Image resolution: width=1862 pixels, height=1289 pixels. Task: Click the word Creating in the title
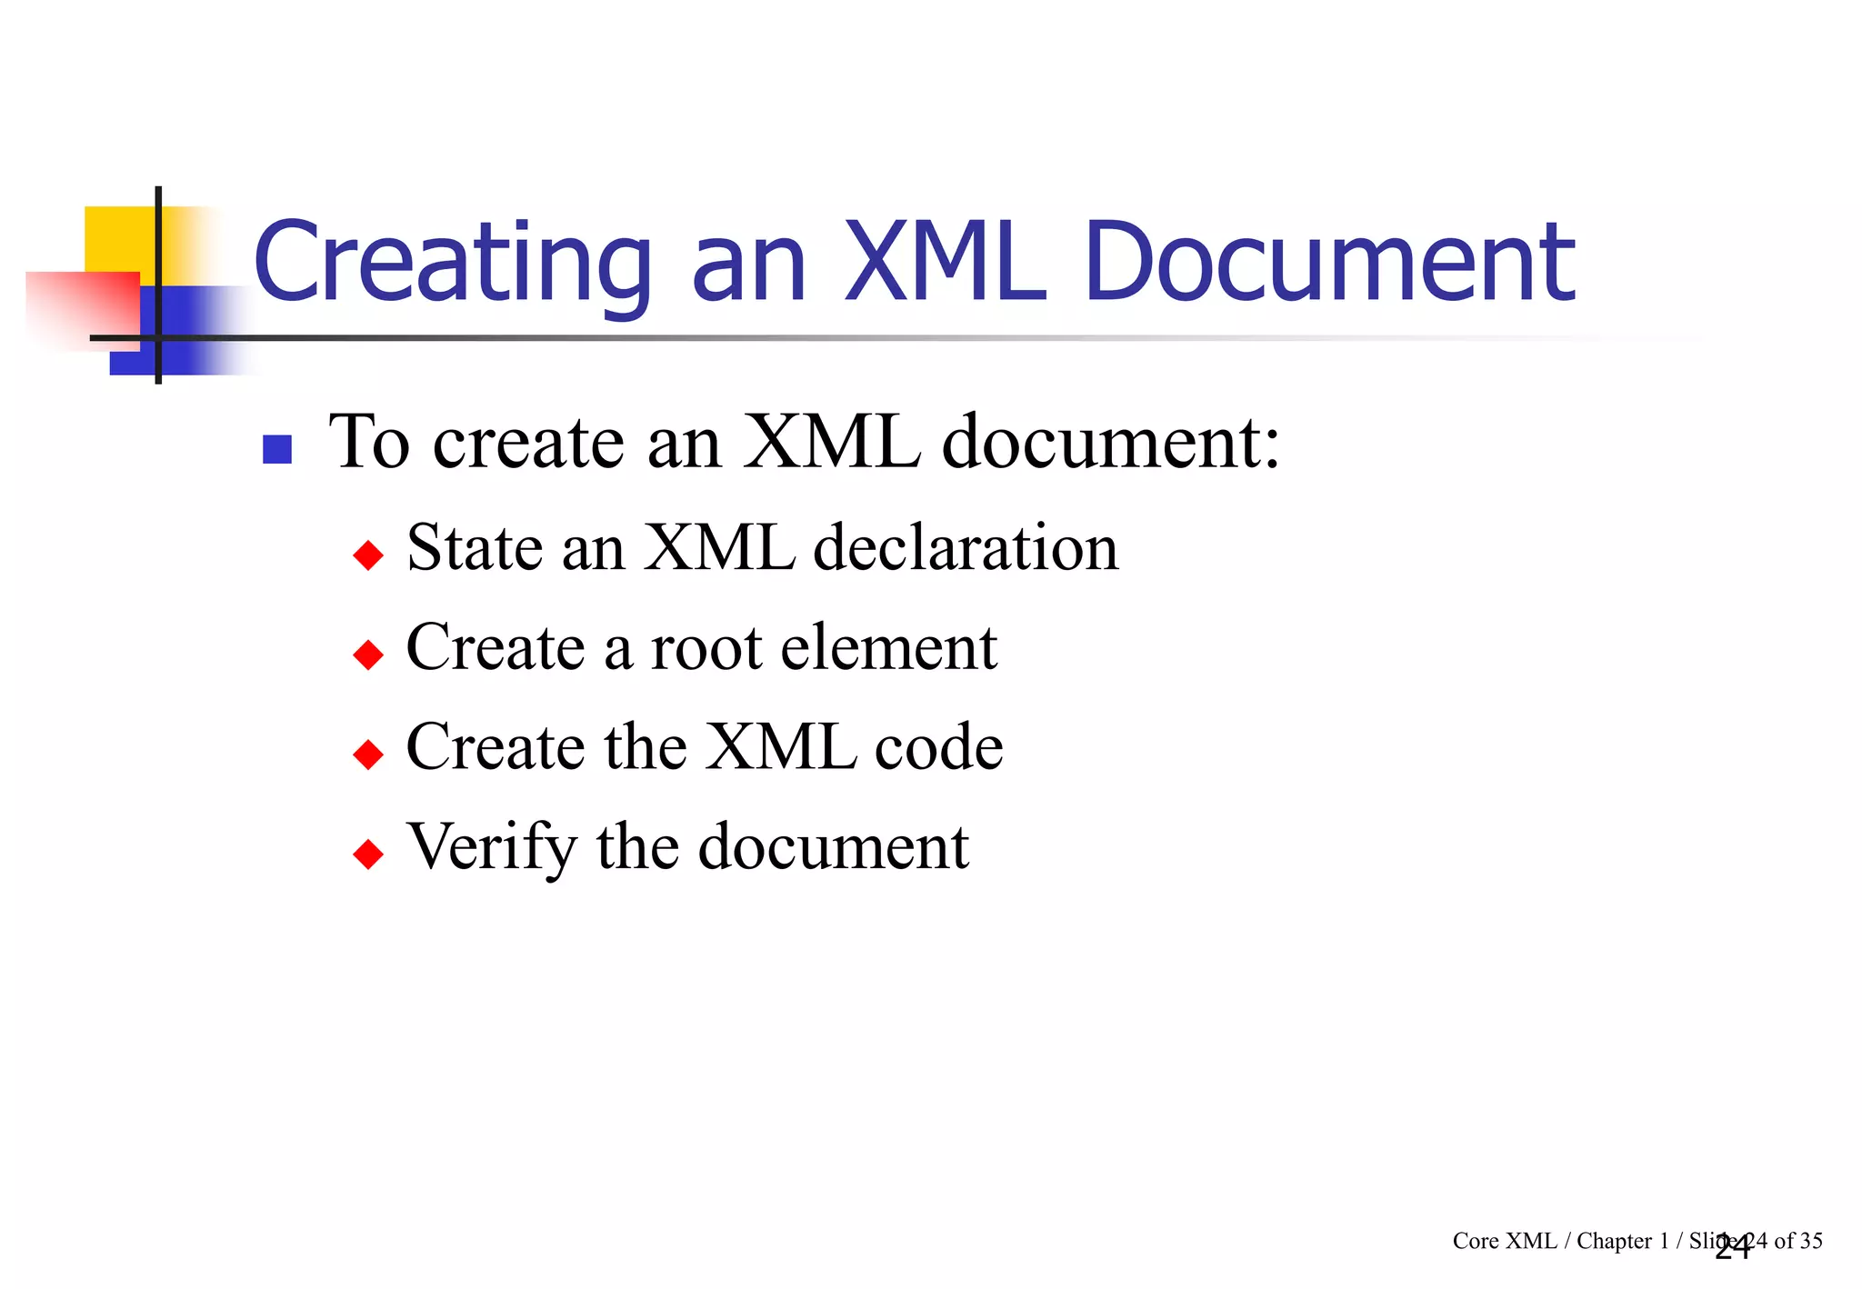452,264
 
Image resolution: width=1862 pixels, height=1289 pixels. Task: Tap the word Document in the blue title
1329,264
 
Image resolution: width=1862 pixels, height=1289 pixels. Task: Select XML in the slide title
946,264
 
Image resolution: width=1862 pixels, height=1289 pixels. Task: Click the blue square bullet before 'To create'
277,449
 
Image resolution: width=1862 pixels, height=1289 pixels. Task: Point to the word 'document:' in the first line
1111,443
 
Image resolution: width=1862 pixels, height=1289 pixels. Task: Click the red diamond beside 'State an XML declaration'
368,555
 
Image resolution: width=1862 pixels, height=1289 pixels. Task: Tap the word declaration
966,548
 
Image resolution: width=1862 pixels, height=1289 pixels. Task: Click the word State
475,548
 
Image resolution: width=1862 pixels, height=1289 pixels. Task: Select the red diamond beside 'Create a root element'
368,654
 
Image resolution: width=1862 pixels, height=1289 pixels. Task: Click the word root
706,648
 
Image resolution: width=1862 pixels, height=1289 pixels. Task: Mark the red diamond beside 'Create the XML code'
368,754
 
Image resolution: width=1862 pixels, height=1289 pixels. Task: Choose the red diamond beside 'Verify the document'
368,854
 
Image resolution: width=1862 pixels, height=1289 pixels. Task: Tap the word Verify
491,848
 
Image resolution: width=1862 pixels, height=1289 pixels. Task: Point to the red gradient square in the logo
82,309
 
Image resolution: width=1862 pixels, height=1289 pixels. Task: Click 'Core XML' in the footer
1504,1241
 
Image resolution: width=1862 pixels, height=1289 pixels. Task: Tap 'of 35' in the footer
1798,1241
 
